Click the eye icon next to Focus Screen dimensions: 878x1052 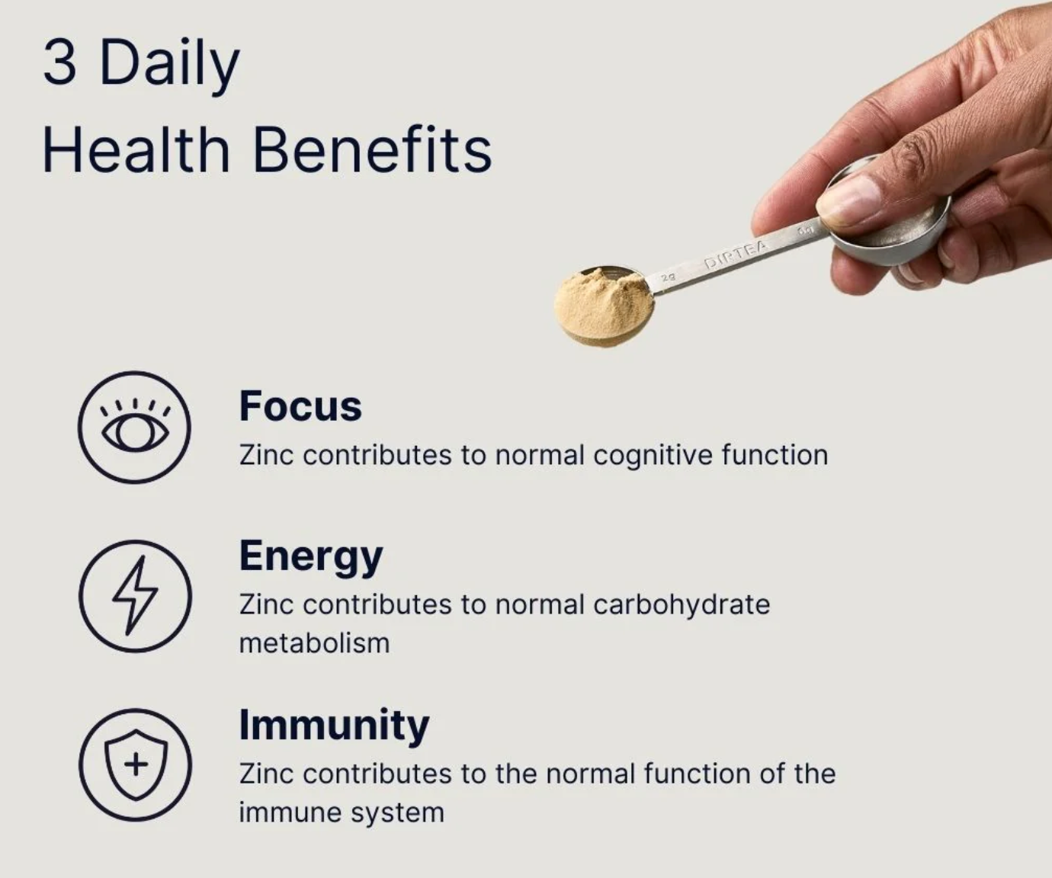coord(135,428)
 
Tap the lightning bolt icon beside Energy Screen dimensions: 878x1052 coord(135,596)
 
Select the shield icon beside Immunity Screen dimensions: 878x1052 coord(135,764)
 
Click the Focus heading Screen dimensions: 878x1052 coord(300,405)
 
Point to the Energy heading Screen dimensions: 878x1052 coord(310,556)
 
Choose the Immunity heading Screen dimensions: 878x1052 coord(334,725)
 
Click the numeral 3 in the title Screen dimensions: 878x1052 coord(60,62)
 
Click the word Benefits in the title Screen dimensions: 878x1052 coord(372,149)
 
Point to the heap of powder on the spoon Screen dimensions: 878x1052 coord(603,305)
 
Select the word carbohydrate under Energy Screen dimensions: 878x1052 coord(682,605)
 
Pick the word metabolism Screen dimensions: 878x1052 coord(314,643)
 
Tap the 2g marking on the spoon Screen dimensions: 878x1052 coord(668,277)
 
